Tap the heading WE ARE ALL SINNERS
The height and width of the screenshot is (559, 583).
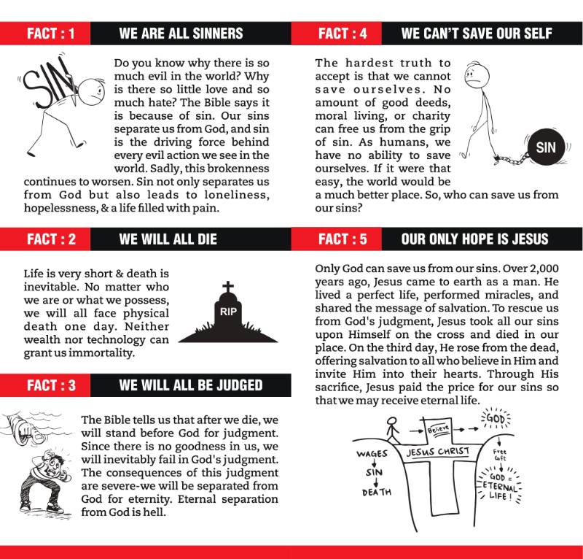(181, 34)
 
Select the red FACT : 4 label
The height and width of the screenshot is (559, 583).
(342, 34)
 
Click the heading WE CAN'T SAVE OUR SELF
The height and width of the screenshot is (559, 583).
(476, 34)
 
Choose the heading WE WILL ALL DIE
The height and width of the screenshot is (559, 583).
(168, 239)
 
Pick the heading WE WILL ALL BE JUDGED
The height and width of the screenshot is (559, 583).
(190, 385)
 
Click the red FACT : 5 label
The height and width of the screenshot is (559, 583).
(342, 239)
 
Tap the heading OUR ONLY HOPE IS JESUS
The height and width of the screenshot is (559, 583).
(474, 239)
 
